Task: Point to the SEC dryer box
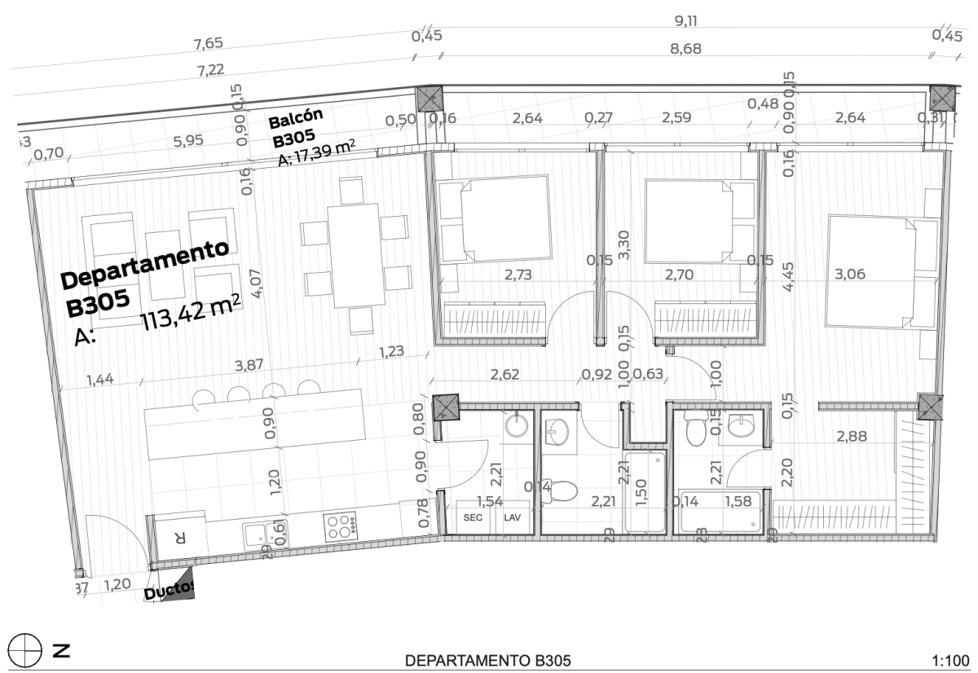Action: coord(473,517)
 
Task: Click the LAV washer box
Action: coord(512,517)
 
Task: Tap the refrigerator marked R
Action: coord(180,537)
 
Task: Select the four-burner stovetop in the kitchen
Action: coord(340,527)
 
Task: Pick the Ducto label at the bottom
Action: coord(167,591)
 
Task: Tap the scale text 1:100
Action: coord(949,659)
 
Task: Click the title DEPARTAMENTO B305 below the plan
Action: coord(488,659)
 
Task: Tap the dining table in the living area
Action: coord(355,255)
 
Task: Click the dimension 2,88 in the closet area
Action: coord(852,438)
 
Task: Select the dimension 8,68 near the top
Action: coord(685,49)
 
